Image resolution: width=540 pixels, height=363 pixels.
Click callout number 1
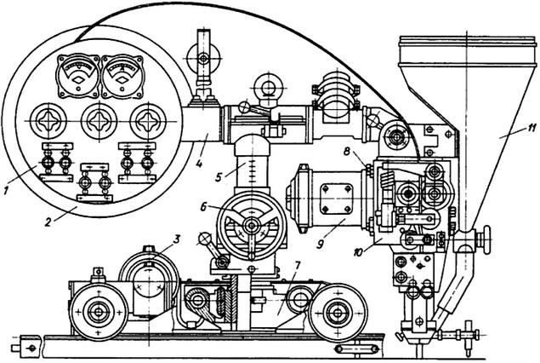(5, 190)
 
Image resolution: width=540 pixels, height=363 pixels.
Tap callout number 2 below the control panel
(48, 222)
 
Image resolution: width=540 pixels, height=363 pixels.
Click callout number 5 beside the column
(219, 178)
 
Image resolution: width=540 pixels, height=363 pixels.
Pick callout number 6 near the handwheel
(203, 207)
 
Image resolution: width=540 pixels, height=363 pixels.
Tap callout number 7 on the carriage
(297, 265)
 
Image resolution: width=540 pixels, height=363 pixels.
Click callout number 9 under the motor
(321, 244)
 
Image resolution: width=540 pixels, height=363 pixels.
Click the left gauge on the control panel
(78, 76)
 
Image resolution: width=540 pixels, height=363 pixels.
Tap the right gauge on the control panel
(122, 76)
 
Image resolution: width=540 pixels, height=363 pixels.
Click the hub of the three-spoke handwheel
(252, 226)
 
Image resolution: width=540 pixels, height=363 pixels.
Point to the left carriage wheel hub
(99, 312)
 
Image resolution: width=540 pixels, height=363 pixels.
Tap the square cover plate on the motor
(337, 199)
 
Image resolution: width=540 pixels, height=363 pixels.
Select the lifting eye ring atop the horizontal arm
(268, 86)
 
